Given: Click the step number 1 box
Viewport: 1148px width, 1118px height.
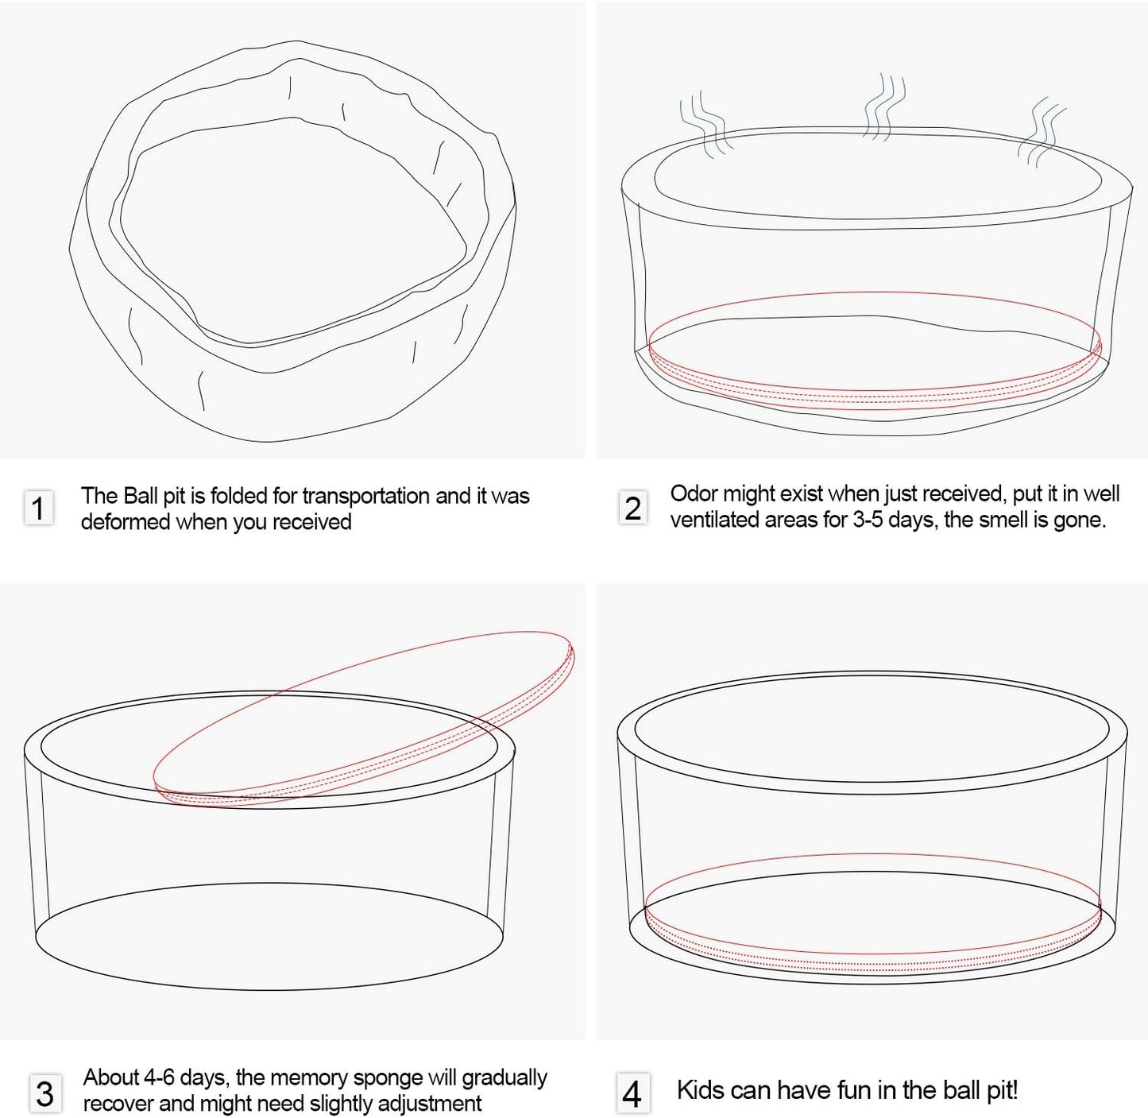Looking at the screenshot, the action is [38, 508].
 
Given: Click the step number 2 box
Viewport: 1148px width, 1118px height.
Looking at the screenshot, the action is [632, 508].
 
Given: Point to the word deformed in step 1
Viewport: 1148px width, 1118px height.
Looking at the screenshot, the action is [126, 522].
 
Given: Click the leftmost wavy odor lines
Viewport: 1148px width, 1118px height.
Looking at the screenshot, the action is [706, 123].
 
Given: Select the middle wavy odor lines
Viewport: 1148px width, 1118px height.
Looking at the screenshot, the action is [884, 106].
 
